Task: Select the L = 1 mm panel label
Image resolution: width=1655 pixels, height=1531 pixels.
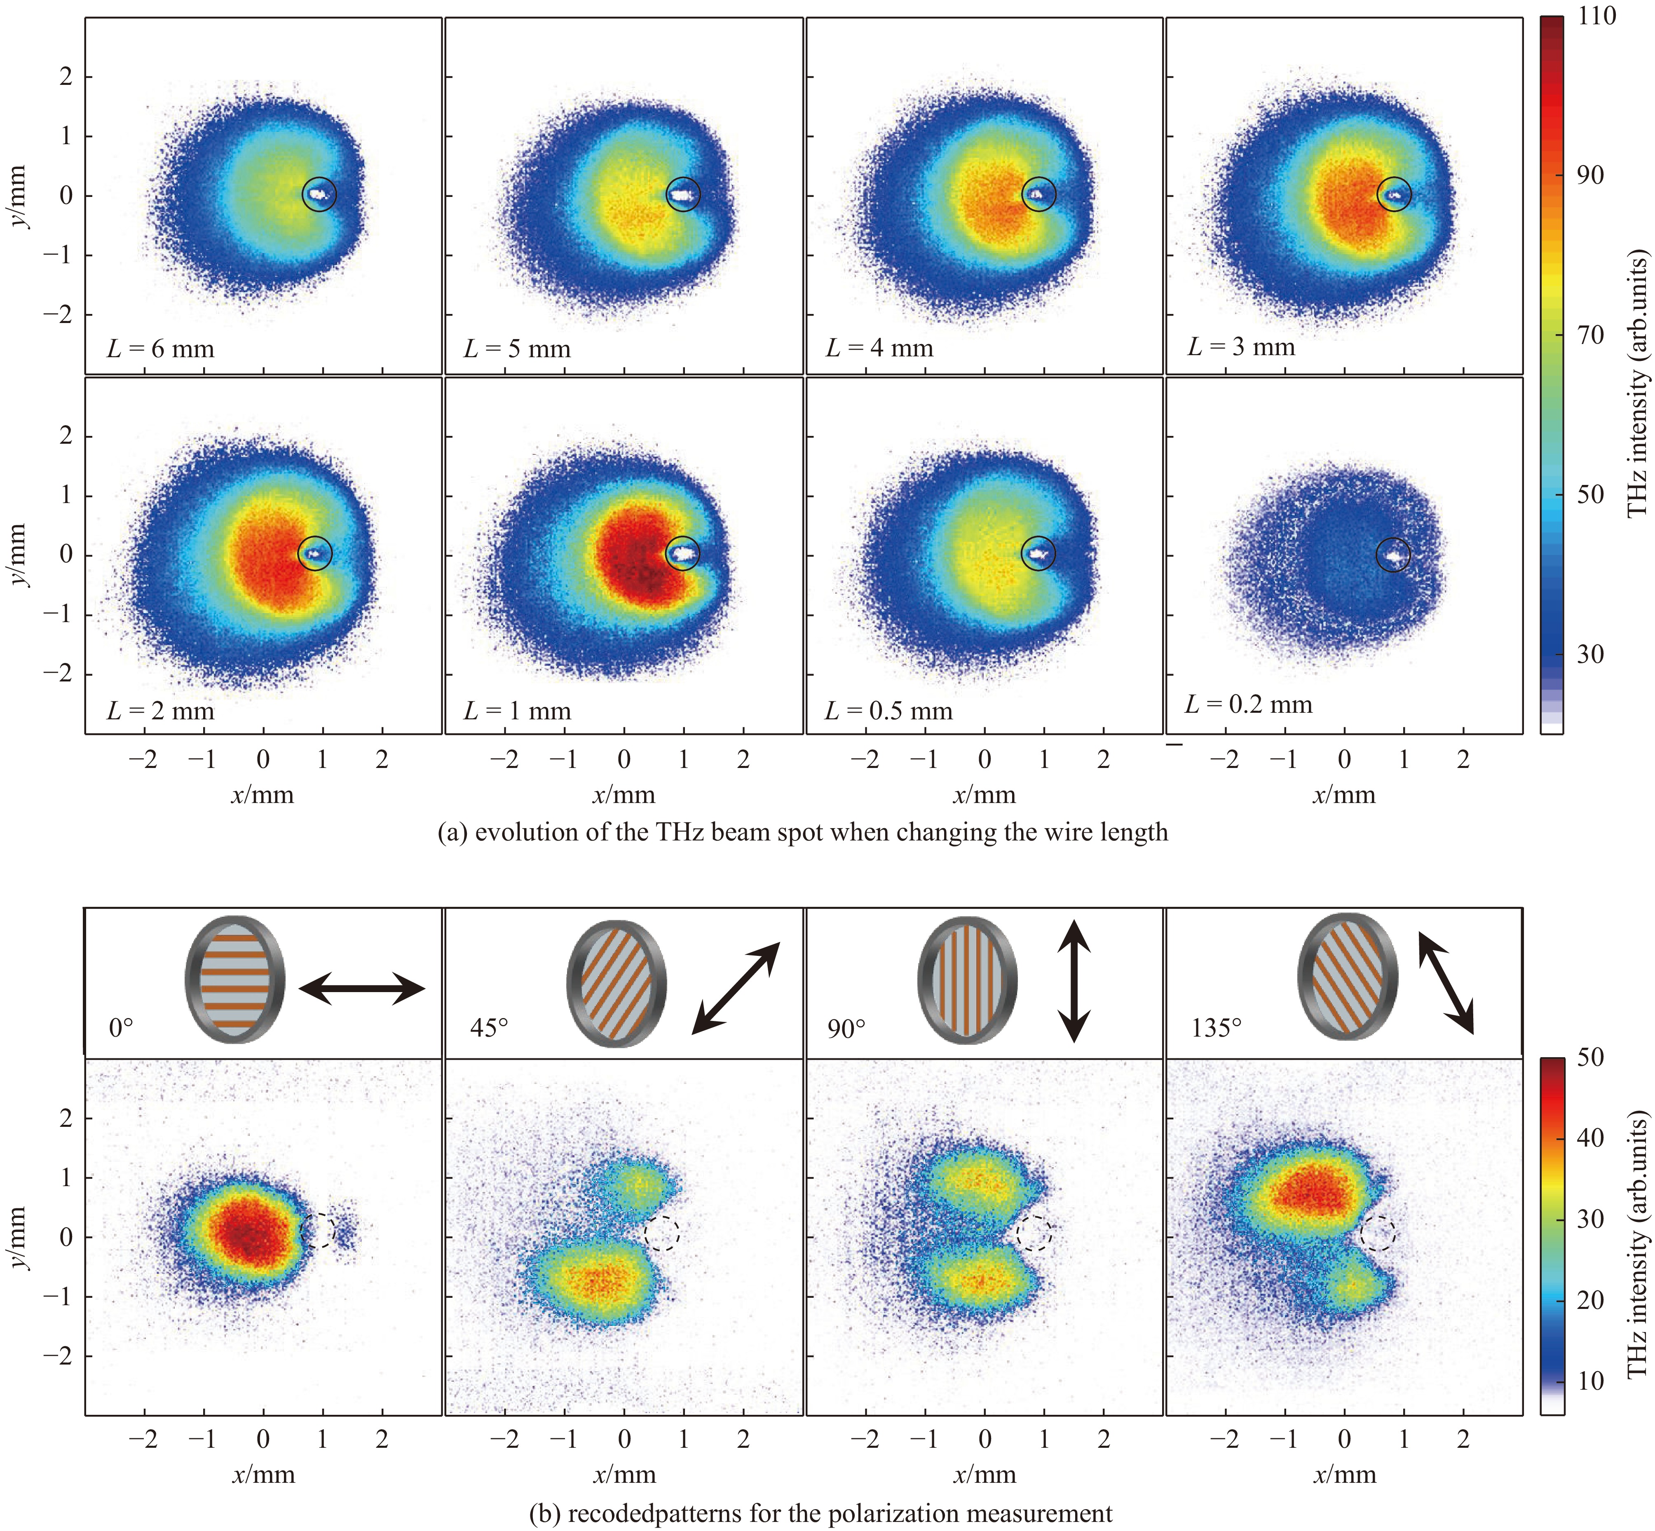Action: [517, 711]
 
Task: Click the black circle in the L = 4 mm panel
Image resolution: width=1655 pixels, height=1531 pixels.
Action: [1038, 194]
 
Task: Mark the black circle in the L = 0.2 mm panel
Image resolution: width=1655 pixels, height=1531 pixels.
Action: [1393, 555]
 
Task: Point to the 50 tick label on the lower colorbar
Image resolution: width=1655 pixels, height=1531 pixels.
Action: [1589, 1058]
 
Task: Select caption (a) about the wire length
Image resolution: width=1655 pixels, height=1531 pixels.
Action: [802, 832]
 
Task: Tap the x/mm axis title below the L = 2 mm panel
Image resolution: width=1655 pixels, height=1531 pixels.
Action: [263, 795]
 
